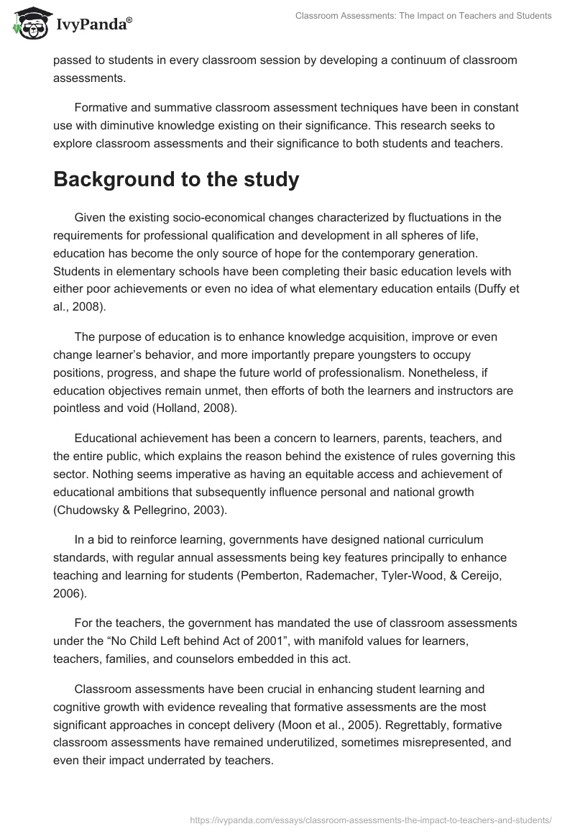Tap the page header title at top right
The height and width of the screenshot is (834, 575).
pyautogui.click(x=423, y=16)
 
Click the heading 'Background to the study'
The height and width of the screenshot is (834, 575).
pyautogui.click(x=176, y=180)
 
